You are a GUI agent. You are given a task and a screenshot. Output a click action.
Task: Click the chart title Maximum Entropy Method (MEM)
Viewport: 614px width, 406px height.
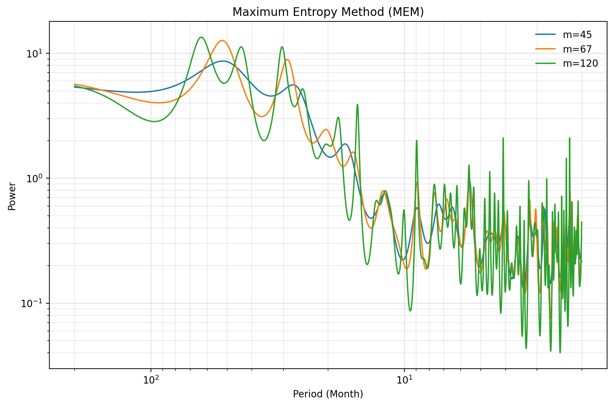coord(328,12)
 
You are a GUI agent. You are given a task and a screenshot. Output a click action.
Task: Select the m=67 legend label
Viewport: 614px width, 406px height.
coord(577,49)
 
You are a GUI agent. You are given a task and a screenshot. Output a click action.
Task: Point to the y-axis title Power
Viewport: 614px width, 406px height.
coord(12,196)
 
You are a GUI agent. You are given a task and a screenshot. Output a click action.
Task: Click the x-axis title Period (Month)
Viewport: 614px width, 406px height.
coord(328,394)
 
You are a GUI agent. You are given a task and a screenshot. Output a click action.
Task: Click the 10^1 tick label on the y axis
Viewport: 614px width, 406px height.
coord(34,54)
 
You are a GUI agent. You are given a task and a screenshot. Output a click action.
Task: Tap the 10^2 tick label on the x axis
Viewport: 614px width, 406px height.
coord(151,380)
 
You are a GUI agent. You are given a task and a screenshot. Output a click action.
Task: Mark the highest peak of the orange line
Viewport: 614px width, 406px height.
coord(222,40)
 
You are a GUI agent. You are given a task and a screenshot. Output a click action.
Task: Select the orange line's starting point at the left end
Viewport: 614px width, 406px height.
coord(75,84)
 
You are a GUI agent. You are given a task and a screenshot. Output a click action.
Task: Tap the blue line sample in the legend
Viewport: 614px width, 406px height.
coord(546,35)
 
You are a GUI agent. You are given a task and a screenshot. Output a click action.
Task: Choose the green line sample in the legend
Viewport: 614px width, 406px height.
coord(546,63)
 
